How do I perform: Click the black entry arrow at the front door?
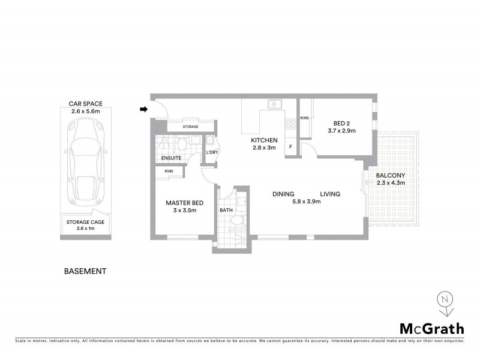tap(144, 109)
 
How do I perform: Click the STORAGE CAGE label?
tap(85, 221)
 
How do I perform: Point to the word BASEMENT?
tap(85, 271)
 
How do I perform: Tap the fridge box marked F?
tap(291, 146)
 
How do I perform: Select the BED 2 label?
tap(342, 123)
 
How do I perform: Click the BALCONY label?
tap(391, 175)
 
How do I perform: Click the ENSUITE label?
tap(171, 158)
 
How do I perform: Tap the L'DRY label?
tap(211, 152)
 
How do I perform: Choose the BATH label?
tap(226, 211)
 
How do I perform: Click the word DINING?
tap(283, 194)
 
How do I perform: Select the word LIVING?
tap(330, 194)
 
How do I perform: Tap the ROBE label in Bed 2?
tap(304, 118)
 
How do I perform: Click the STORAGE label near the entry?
tap(190, 127)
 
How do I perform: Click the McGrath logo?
tap(431, 328)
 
